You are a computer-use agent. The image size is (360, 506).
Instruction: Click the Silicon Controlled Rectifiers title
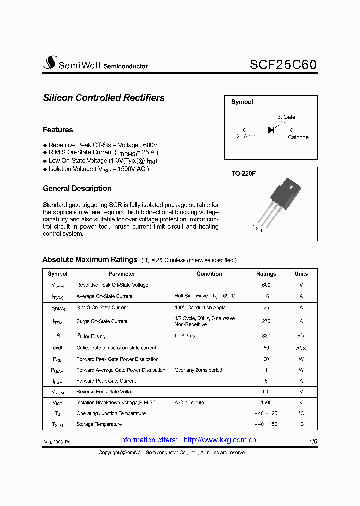(104, 98)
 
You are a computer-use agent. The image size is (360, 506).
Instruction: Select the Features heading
(58, 130)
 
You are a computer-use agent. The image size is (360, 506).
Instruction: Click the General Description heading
(77, 188)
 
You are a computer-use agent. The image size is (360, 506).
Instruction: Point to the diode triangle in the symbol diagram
(271, 129)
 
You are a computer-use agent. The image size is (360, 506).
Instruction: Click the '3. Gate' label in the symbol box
(286, 117)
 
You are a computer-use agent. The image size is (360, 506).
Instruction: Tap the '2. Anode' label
(248, 137)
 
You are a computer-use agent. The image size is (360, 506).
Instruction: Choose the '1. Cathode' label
(295, 137)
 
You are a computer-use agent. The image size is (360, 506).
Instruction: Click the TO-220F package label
(244, 174)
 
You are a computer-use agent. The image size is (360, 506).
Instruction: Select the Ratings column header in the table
(266, 274)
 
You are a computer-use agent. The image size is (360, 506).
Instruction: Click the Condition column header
(209, 274)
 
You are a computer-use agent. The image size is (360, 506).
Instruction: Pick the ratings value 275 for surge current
(266, 321)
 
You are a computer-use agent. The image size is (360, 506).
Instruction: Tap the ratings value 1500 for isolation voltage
(266, 402)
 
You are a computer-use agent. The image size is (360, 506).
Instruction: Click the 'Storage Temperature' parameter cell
(99, 424)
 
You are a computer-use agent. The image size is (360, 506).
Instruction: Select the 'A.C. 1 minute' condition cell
(189, 402)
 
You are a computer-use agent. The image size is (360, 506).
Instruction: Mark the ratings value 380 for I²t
(266, 336)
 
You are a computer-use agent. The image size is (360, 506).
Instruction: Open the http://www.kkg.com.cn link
(220, 440)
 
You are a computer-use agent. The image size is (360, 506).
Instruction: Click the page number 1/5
(313, 441)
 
